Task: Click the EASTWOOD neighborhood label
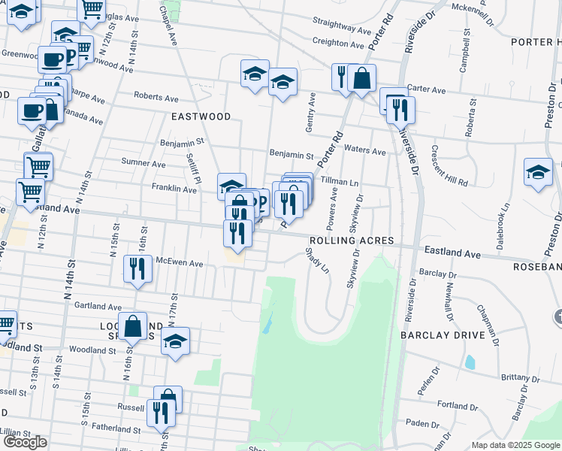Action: [x=201, y=117]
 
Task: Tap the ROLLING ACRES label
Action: [x=351, y=240]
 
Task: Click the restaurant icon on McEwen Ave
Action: [x=137, y=270]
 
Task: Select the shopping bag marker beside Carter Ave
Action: [x=361, y=79]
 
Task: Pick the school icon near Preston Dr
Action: [x=538, y=172]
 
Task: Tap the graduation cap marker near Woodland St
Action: [x=175, y=341]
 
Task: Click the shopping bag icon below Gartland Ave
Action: [x=132, y=327]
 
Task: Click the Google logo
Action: [x=26, y=442]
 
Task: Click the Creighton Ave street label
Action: [x=338, y=43]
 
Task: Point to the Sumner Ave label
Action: [x=148, y=163]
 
